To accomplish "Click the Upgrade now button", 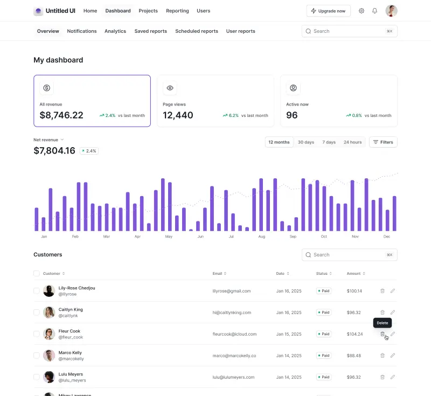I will point(328,11).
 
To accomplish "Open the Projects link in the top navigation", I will point(148,11).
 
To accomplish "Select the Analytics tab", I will point(115,31).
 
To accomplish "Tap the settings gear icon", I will point(362,11).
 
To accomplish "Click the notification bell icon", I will point(375,11).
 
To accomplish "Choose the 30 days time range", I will point(305,142).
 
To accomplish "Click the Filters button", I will point(383,142).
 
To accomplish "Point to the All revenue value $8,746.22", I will point(61,115).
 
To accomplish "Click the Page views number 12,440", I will point(178,115).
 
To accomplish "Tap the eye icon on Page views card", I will point(170,88).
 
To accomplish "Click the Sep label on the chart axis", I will point(293,237).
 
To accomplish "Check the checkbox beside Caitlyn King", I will point(37,312).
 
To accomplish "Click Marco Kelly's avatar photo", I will point(49,356).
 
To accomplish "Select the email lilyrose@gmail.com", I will point(232,291).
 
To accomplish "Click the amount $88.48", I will point(354,356).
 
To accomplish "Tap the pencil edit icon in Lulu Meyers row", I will point(393,377).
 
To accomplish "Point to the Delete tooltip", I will point(382,323).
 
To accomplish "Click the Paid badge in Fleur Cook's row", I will point(324,334).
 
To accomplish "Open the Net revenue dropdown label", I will point(48,140).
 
